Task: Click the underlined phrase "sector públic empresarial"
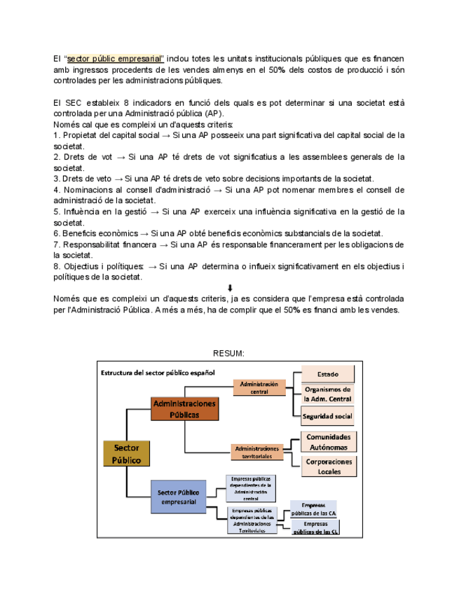[116, 58]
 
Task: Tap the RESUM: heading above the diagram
[230, 353]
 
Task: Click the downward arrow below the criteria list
[230, 288]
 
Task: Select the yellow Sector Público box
[127, 453]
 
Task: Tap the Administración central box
[259, 387]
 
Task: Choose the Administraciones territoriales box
[257, 452]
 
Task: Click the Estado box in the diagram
[327, 375]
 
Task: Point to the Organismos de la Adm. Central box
[327, 394]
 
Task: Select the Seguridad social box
[327, 416]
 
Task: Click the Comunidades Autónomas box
[329, 441]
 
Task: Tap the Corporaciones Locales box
[329, 467]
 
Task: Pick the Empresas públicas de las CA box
[313, 509]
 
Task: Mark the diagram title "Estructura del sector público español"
[158, 372]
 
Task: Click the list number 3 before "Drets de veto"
[55, 179]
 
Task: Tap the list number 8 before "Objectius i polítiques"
[55, 266]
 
